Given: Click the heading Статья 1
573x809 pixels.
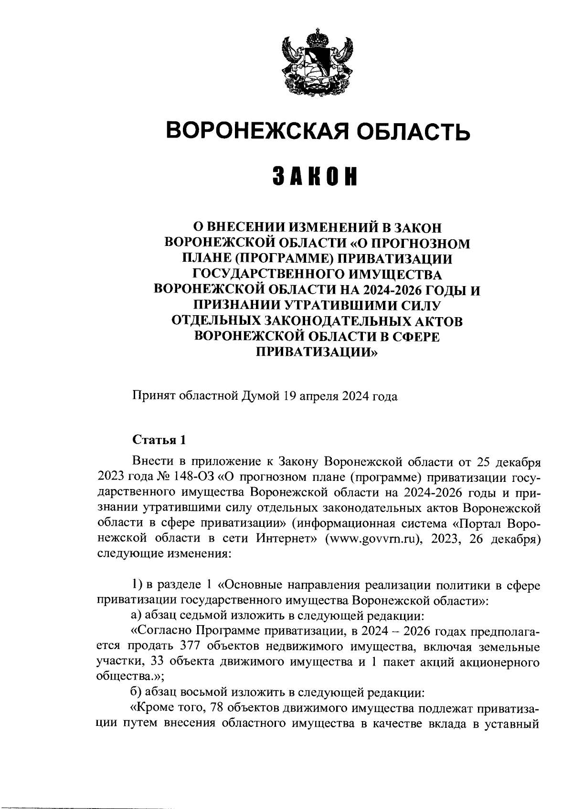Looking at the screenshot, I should [x=158, y=440].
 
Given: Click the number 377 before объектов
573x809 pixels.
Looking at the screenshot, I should [x=188, y=647].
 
